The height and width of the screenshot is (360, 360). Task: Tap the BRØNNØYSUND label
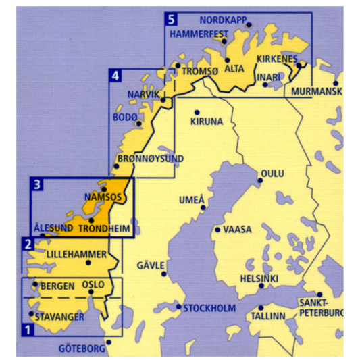(151, 159)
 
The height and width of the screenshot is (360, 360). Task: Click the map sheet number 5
(172, 18)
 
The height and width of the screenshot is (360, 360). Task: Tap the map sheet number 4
(116, 76)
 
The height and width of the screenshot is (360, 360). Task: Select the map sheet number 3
(38, 184)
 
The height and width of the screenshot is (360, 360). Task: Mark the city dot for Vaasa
(217, 230)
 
